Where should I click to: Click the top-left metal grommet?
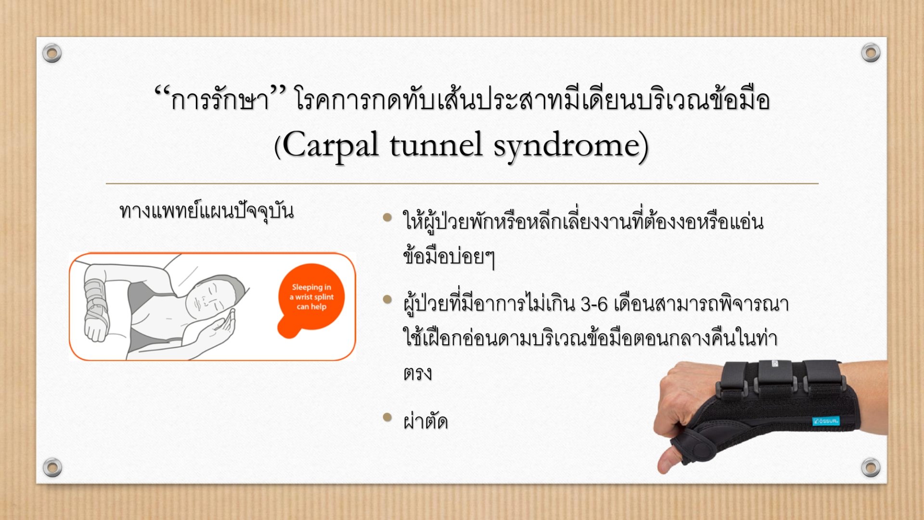pos(52,53)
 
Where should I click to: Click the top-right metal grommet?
pos(871,52)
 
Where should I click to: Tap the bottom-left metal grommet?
pos(52,467)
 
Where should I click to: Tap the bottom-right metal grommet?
pos(871,467)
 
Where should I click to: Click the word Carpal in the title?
pos(330,145)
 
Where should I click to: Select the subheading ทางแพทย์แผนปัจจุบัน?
pos(206,212)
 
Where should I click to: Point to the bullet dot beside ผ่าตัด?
pos(387,417)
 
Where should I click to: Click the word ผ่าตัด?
pos(425,421)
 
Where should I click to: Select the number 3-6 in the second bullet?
pos(594,305)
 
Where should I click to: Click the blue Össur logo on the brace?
pos(826,421)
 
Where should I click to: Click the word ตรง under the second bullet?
pos(417,374)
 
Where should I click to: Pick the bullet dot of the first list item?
pos(387,217)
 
